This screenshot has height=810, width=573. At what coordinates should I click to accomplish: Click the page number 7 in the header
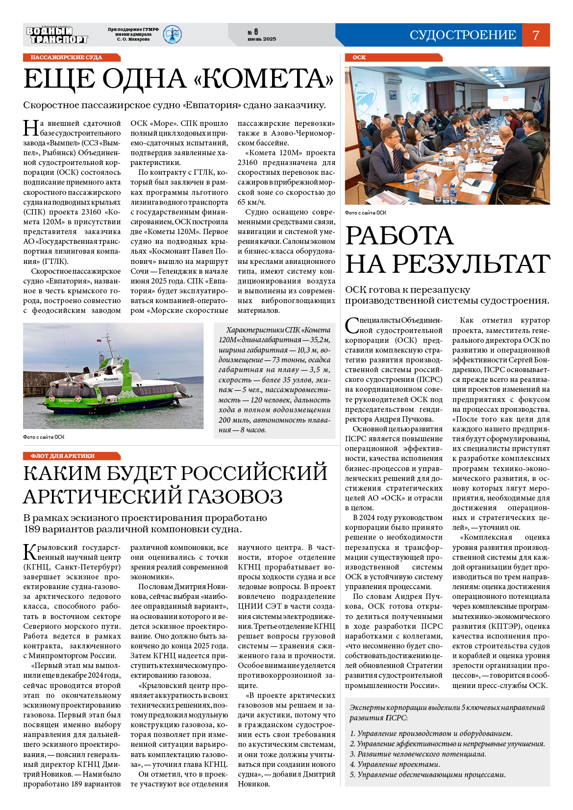point(536,35)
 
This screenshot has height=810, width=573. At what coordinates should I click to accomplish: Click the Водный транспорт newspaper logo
point(57,35)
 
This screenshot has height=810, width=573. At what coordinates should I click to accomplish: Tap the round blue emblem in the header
point(172,35)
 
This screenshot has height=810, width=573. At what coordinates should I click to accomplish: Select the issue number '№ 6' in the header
point(253,32)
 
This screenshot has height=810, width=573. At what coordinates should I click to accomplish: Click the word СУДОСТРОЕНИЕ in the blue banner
point(463,35)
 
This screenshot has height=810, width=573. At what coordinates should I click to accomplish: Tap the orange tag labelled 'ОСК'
point(359,57)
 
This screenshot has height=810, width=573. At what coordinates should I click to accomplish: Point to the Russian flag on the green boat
point(99,339)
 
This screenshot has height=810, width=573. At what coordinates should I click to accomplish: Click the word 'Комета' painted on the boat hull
point(111,379)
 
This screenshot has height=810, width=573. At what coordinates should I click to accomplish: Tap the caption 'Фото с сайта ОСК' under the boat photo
point(44,437)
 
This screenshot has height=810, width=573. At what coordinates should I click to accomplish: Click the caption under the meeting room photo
point(366,213)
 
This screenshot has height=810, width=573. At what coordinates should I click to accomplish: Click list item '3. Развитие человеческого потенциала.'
point(418,754)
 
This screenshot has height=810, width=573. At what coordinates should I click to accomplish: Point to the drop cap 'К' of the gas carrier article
point(30,552)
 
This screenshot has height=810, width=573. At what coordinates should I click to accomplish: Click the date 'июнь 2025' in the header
point(262,39)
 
